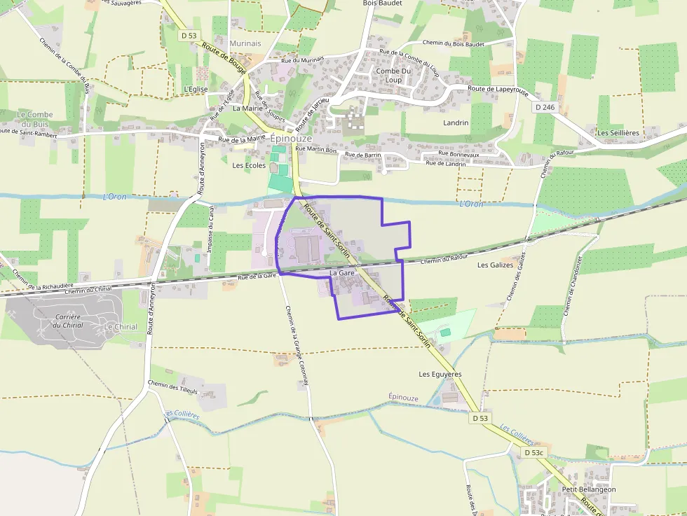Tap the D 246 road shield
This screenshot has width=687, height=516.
(544, 107)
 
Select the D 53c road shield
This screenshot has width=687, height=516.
(534, 453)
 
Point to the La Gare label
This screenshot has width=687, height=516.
(341, 272)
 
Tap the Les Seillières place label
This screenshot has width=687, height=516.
(618, 132)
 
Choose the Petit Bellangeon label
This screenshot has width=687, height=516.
(589, 489)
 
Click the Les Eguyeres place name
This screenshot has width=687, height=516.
(440, 374)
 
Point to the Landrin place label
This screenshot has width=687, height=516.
(456, 123)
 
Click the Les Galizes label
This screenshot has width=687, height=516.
(496, 265)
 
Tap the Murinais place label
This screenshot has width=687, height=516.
(245, 43)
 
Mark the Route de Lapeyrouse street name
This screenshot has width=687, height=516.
(498, 89)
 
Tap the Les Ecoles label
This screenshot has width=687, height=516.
(249, 166)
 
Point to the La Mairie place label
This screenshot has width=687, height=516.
(247, 109)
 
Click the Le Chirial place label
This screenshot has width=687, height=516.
(121, 327)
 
